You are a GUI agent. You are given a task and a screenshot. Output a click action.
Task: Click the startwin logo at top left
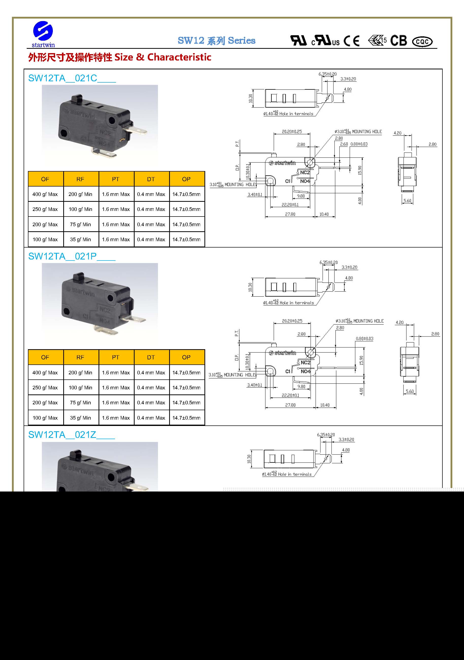pyautogui.click(x=43, y=34)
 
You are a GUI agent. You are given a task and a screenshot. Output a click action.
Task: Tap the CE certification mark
pyautogui.click(x=351, y=41)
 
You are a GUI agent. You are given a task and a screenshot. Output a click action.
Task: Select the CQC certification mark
pyautogui.click(x=422, y=42)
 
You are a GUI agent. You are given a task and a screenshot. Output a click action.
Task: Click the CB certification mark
pyautogui.click(x=398, y=40)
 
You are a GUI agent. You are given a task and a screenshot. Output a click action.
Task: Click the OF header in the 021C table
pyautogui.click(x=45, y=179)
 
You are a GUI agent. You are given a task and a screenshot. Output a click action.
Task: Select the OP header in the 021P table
pyautogui.click(x=186, y=357)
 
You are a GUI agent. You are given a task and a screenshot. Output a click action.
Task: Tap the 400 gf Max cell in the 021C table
pyautogui.click(x=45, y=194)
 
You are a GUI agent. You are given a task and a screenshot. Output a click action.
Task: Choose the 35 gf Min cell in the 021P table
pyautogui.click(x=80, y=418)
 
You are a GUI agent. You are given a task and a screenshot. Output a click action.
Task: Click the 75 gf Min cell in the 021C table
pyautogui.click(x=80, y=224)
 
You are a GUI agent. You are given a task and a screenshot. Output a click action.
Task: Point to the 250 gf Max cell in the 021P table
pyautogui.click(x=45, y=388)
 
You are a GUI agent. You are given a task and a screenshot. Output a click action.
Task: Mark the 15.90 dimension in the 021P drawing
pyautogui.click(x=361, y=360)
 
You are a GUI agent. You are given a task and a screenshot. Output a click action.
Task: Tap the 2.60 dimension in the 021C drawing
pyautogui.click(x=344, y=144)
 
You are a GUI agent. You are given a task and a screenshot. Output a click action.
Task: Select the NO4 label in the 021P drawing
pyautogui.click(x=306, y=371)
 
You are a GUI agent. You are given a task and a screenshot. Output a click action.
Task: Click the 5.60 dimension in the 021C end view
pyautogui.click(x=407, y=201)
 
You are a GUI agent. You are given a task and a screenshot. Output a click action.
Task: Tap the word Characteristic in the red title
pyautogui.click(x=179, y=57)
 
